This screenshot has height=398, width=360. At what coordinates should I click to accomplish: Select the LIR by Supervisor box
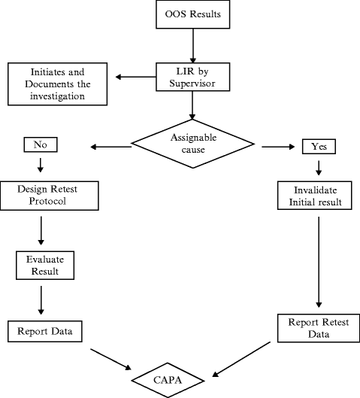pyautogui.click(x=193, y=77)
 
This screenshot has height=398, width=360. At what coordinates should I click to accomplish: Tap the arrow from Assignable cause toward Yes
pyautogui.click(x=278, y=147)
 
